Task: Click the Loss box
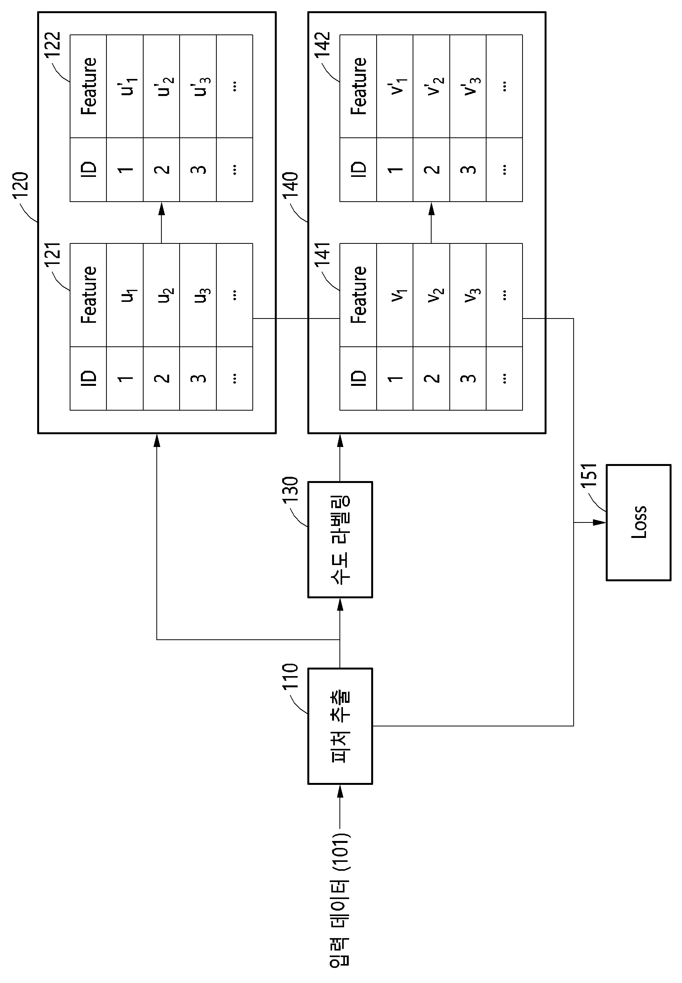click(x=638, y=522)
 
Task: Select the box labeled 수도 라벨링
click(x=340, y=539)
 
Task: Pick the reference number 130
click(x=290, y=490)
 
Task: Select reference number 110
click(x=290, y=676)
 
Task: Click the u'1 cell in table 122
click(x=125, y=86)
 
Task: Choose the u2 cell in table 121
click(x=161, y=295)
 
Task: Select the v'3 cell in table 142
click(x=468, y=86)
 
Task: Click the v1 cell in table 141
click(x=395, y=295)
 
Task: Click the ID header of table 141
click(x=358, y=378)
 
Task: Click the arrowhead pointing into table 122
click(x=161, y=209)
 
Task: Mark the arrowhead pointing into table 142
click(x=431, y=209)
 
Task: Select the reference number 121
click(x=53, y=255)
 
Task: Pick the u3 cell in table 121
click(x=198, y=295)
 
